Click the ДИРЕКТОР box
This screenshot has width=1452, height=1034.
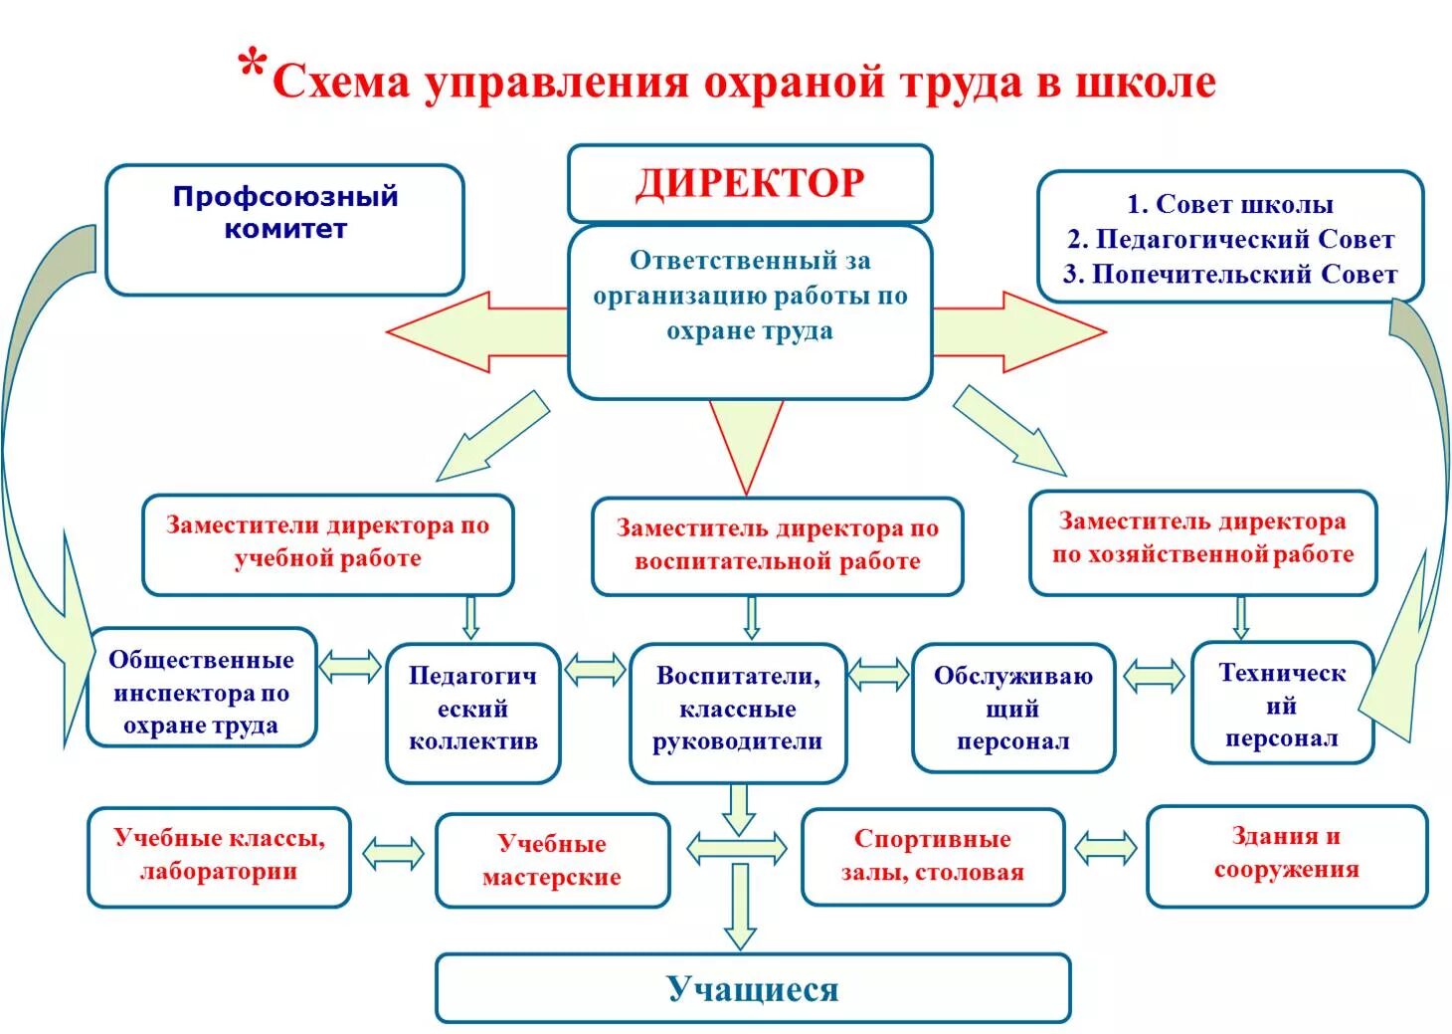(750, 184)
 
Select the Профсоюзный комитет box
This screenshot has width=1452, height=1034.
(284, 230)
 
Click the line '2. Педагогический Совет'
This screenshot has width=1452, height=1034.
(1230, 240)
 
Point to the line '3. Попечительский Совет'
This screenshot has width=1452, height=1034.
(1230, 275)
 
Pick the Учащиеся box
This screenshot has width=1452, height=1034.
(753, 989)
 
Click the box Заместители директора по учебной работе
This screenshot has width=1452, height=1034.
(327, 543)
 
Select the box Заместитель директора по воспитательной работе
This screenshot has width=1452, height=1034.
(777, 545)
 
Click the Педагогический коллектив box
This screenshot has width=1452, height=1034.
(472, 710)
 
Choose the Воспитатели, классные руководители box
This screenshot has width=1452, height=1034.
(738, 710)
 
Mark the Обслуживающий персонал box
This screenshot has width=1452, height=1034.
(1012, 708)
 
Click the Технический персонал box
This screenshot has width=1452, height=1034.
(1282, 706)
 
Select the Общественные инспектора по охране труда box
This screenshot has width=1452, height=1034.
(201, 692)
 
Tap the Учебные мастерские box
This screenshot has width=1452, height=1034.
(552, 861)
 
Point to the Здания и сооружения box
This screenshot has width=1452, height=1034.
(1286, 854)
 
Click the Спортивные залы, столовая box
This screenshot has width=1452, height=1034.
(932, 856)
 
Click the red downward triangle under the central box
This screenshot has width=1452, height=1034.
(746, 438)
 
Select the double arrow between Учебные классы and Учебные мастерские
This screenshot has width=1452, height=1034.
(393, 854)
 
